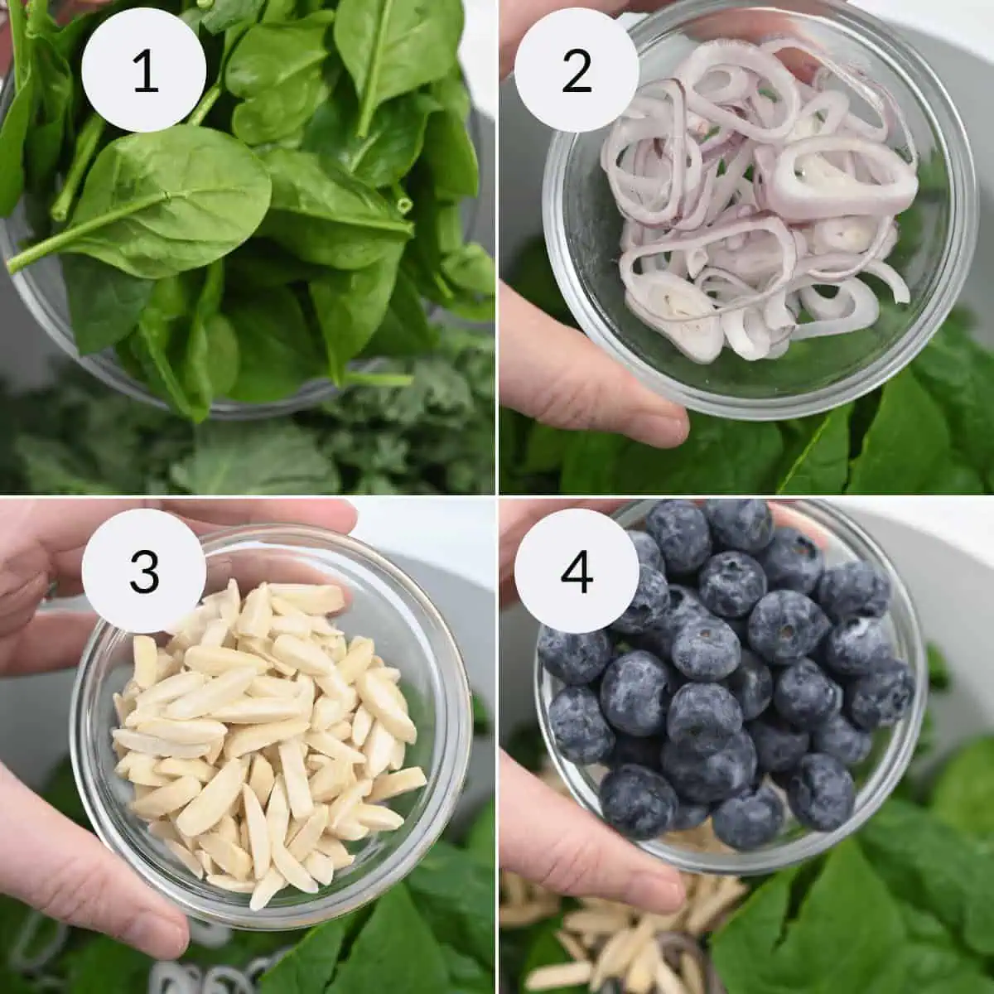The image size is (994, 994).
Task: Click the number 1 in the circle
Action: pos(145,70)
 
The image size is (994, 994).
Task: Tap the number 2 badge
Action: pos(577,70)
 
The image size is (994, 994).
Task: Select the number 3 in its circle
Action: pos(145,571)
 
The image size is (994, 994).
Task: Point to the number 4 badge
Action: pos(577,571)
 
